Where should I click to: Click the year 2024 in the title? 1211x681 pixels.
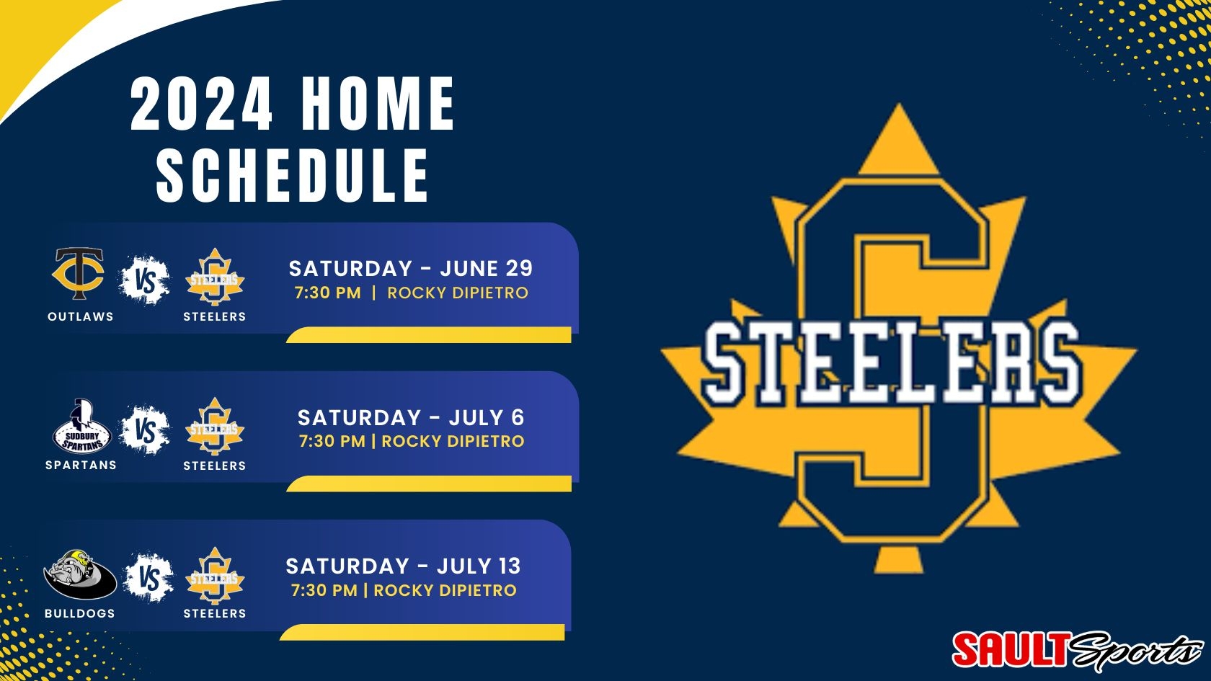pos(201,103)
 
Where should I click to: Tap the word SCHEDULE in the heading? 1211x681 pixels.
pos(293,175)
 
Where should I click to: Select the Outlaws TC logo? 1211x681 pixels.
pos(79,274)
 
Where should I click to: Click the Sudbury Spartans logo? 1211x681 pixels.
pos(81,426)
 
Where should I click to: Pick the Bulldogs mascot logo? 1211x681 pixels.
pos(80,574)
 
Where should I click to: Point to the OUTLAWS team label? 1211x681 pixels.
pos(81,317)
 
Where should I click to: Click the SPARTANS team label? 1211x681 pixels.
pos(81,466)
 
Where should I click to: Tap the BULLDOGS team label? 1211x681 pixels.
pos(80,613)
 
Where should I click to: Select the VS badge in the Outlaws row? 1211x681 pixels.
pos(144,280)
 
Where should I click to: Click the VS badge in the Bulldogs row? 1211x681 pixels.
pos(148,578)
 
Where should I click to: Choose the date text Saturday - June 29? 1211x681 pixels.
pos(411,269)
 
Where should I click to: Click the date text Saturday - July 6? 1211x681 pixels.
pos(411,418)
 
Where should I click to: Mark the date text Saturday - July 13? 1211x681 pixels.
pos(404,566)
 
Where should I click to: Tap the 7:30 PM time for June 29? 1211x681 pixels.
pos(327,293)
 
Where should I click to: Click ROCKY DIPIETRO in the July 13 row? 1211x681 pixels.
pos(445,590)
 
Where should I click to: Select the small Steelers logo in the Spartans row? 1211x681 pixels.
pos(215,427)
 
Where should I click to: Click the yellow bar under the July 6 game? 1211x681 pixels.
pos(429,484)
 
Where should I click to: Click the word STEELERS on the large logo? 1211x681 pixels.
pos(892,362)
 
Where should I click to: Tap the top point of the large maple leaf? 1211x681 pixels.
pos(898,104)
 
